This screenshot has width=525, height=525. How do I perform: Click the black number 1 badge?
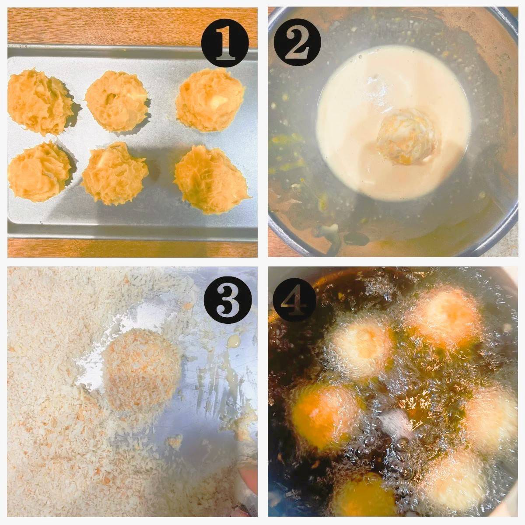coord(225,44)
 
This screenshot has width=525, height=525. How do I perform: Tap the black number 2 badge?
coord(297,44)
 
